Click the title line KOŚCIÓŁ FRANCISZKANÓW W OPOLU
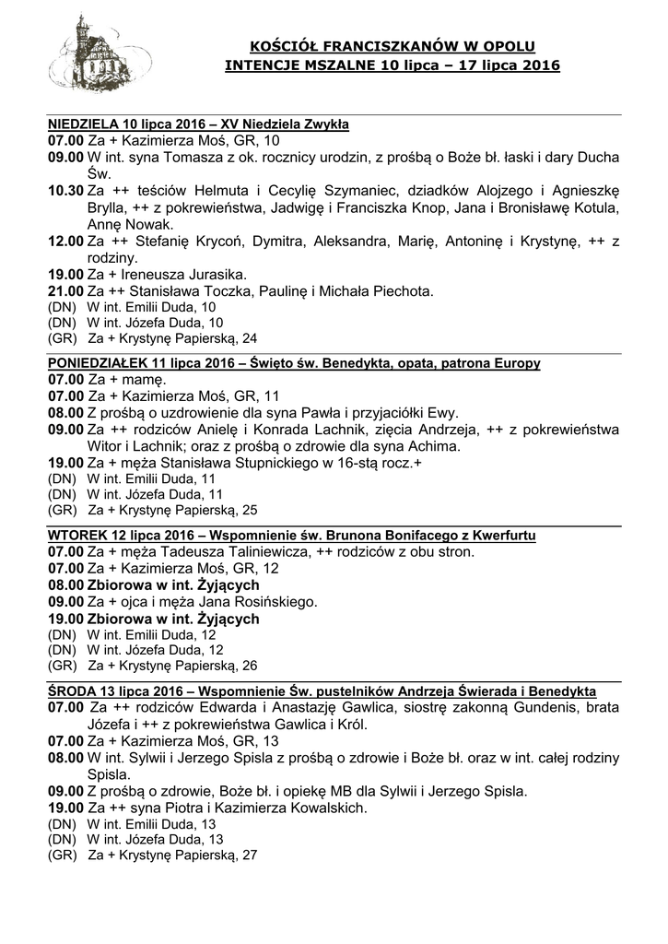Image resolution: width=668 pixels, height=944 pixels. pos(393,45)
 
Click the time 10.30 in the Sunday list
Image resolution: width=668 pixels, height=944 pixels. pos(65,191)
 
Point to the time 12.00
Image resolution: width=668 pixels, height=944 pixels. pos(65,242)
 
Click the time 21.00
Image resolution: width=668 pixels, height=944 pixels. pos(65,290)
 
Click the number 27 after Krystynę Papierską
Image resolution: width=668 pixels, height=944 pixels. pos(248,855)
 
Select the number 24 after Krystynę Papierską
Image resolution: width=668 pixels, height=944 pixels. pos(248,338)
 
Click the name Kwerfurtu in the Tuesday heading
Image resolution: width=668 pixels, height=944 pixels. pos(499,535)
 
